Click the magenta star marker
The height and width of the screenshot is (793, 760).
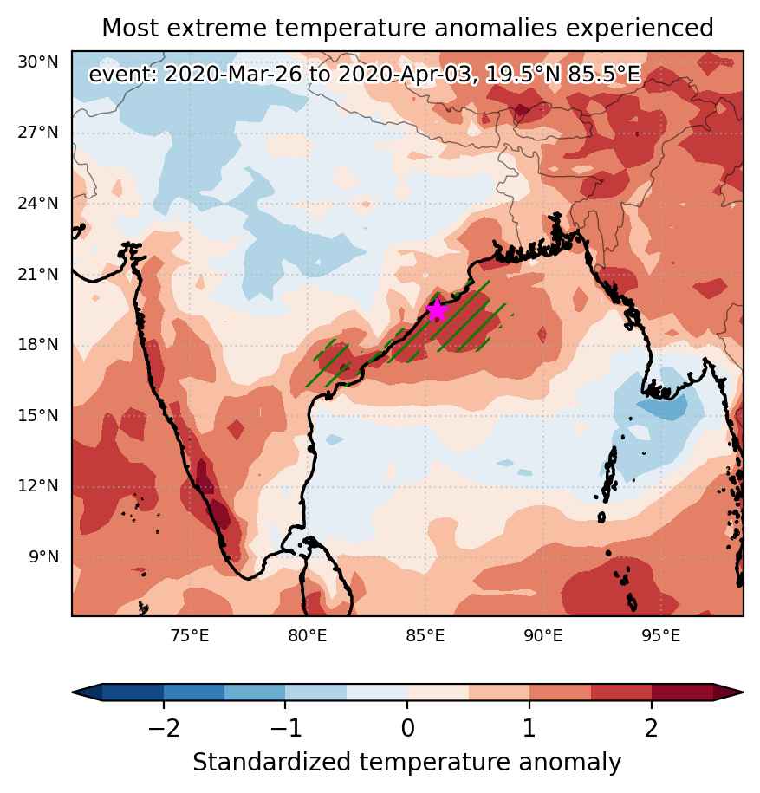[437, 310]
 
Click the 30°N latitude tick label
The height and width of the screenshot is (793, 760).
[38, 62]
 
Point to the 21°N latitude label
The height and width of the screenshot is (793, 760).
[38, 274]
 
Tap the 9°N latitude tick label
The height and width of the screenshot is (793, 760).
[43, 556]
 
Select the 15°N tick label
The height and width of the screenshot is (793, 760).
[38, 416]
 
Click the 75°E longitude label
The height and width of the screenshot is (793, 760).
[190, 635]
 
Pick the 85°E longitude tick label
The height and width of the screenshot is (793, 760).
[425, 635]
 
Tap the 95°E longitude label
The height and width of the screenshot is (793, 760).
[661, 635]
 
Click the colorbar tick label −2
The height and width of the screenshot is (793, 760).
[163, 728]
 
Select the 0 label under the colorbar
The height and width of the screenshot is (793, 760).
[407, 728]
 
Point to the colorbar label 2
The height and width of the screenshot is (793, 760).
[652, 728]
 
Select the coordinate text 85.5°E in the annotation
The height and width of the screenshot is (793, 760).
[604, 75]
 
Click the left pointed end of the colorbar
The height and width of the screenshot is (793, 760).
[74, 692]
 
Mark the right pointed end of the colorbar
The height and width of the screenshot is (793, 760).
[742, 692]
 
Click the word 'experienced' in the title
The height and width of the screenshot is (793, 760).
[640, 29]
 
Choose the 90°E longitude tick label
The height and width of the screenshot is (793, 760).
[543, 635]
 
